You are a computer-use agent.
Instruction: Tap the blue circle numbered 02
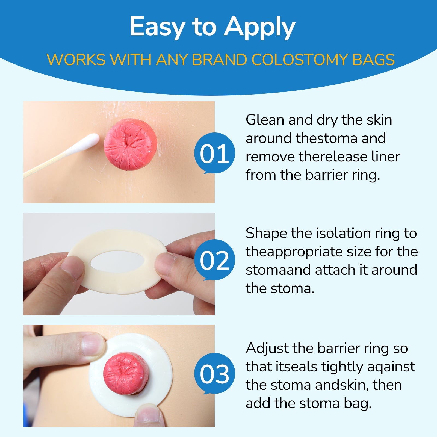[214, 260]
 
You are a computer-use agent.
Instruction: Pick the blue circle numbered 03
[214, 374]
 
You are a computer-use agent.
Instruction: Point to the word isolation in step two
[343, 234]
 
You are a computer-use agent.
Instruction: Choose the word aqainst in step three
[391, 367]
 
